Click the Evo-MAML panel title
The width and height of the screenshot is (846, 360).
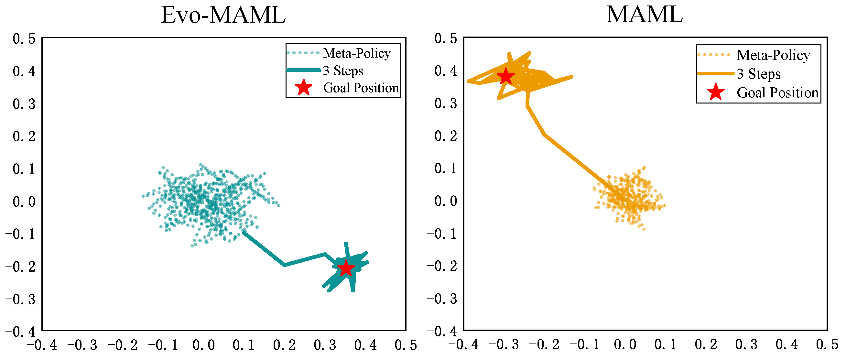click(x=223, y=16)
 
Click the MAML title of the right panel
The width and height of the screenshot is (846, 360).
click(x=644, y=15)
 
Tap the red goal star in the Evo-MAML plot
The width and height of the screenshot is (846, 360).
click(x=346, y=268)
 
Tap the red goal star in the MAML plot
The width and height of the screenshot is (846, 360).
click(x=506, y=76)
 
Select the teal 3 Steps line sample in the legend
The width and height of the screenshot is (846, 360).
click(x=303, y=70)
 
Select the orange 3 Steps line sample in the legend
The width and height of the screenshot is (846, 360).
click(x=715, y=74)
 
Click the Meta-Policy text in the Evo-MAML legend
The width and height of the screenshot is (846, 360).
click(x=357, y=53)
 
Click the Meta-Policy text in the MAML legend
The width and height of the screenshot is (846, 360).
click(x=773, y=55)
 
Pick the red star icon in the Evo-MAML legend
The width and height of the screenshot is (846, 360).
click(x=303, y=88)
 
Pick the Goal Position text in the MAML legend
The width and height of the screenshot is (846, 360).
click(x=777, y=93)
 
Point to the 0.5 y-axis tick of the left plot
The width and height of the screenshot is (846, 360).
click(x=24, y=39)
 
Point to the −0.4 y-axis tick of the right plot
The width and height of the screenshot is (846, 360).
click(x=442, y=331)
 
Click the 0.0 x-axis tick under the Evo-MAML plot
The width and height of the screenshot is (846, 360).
click(x=204, y=345)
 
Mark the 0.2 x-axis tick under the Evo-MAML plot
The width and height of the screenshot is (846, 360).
click(x=284, y=345)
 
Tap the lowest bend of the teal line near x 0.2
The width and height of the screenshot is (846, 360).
click(x=284, y=265)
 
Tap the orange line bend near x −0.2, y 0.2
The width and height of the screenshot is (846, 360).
click(x=545, y=134)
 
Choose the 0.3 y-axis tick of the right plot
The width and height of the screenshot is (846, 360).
click(x=446, y=104)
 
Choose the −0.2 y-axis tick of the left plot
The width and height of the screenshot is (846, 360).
click(x=20, y=267)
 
